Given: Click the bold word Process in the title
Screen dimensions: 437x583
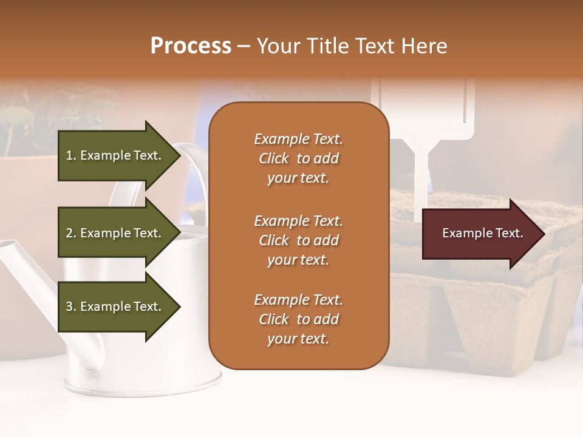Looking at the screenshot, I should (x=191, y=46).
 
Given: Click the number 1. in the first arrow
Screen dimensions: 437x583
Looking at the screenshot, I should (x=71, y=155).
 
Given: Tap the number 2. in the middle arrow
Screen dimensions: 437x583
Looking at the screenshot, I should (x=71, y=233).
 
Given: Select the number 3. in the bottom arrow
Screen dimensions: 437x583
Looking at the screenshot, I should (x=71, y=307).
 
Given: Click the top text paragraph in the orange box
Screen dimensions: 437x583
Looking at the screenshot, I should (x=298, y=158).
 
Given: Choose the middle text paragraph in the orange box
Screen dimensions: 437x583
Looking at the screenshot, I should (x=298, y=240).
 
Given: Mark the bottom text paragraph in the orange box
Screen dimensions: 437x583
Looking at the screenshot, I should (x=298, y=319).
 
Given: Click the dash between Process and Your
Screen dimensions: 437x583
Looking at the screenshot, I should (x=244, y=47).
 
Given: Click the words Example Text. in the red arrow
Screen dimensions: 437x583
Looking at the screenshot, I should (x=482, y=233).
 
